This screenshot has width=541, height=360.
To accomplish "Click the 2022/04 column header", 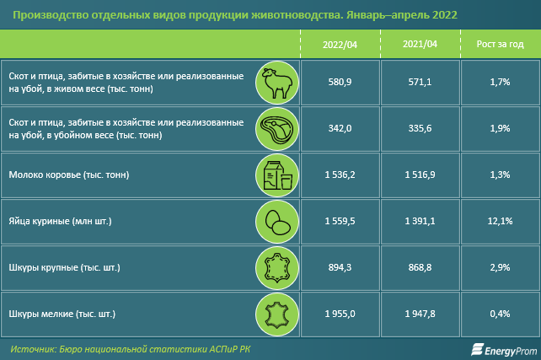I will tap(340, 44).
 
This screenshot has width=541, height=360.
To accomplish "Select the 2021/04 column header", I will tap(420, 44).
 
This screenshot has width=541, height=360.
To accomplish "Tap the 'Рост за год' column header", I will tap(499, 44).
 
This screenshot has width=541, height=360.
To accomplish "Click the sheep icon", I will tap(274, 82).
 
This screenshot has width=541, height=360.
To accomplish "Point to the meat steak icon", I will tap(274, 128).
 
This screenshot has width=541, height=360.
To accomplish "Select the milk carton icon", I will tap(274, 175).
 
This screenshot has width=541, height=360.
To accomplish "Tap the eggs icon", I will tap(274, 221).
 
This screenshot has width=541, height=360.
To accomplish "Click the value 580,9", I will tap(340, 82).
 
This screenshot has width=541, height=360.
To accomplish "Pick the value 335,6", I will tap(420, 128).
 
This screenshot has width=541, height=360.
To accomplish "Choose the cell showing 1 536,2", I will tap(340, 175).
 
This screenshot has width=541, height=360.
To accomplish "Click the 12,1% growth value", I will tap(499, 221).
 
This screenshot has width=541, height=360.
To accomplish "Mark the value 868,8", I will tap(420, 267).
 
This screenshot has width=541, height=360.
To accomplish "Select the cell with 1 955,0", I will tap(340, 314).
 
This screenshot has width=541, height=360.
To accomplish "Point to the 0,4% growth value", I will tap(499, 314).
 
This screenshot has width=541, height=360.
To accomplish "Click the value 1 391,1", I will tap(420, 221).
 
